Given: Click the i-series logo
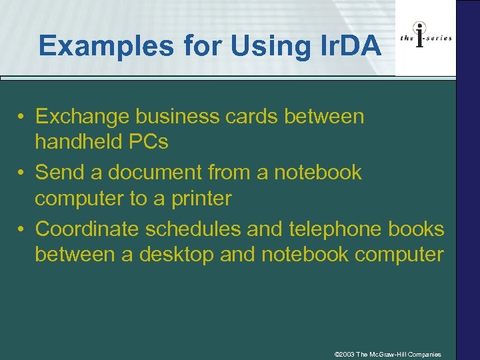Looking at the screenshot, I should pos(425,37).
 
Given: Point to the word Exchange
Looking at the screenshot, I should pos(82,117).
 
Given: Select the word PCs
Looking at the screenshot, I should pos(147,142).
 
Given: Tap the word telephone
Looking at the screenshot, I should pos(333,229).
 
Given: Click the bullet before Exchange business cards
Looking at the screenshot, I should pos(22,117).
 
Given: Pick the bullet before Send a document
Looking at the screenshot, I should pos(22,173).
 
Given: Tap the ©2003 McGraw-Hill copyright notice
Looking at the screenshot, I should pos(387,354).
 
